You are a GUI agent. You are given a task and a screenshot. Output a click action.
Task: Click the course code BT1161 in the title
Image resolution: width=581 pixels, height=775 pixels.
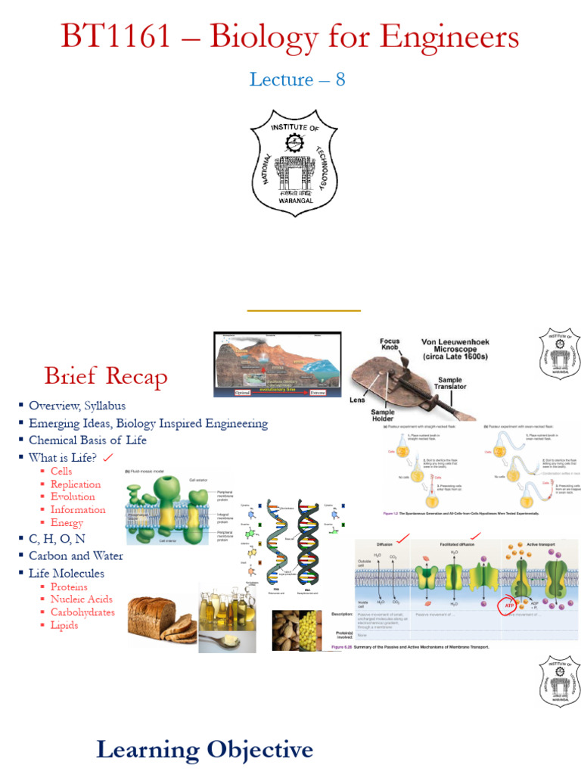pos(116,36)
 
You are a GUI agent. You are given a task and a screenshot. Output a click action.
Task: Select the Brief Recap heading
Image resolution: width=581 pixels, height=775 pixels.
pos(106,375)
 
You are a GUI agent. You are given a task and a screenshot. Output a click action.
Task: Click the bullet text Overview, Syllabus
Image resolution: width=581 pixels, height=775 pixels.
pos(77,406)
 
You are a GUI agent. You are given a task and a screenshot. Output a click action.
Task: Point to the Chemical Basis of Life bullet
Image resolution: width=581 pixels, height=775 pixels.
pos(88,440)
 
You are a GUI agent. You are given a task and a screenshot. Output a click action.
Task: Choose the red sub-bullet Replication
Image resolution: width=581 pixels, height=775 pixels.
pos(76,484)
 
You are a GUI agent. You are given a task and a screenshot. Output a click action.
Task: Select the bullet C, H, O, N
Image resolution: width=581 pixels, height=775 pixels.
pos(57,538)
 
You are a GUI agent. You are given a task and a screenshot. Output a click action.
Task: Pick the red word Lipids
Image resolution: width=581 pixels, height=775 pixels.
pos(64,625)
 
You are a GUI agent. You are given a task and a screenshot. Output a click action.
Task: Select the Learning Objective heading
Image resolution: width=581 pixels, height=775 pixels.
pos(204,749)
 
